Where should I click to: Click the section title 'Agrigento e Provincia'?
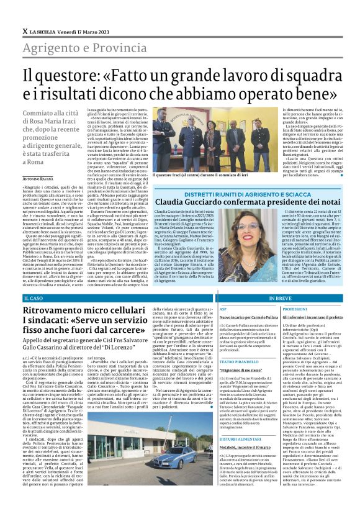click(81, 48)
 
